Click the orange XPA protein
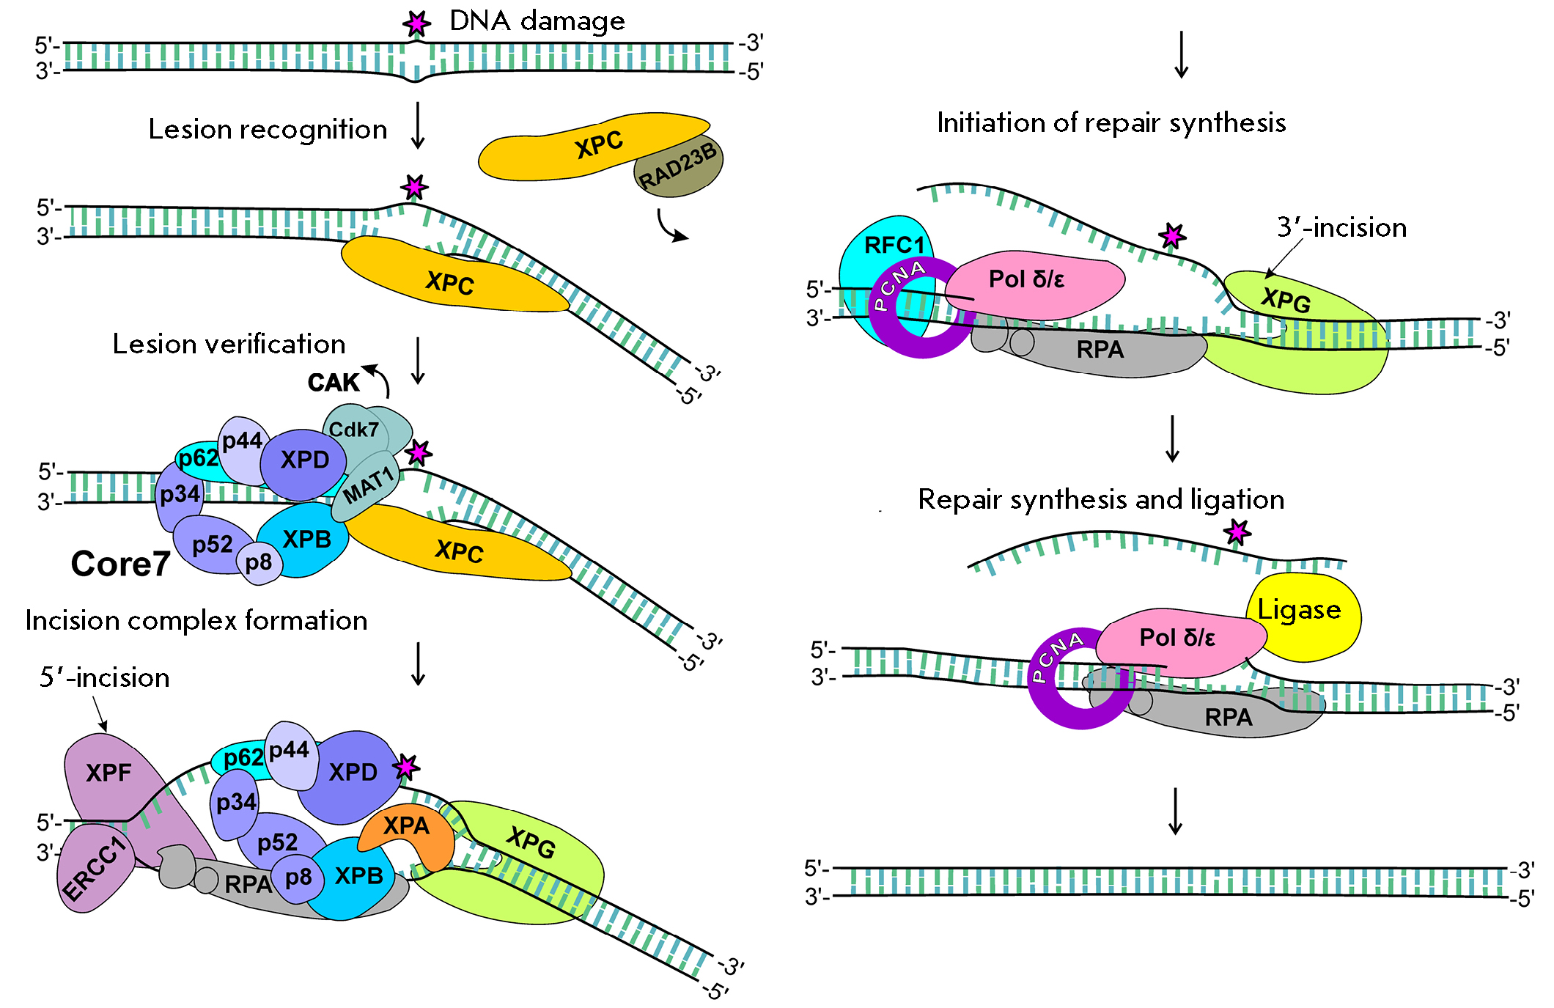coord(408,836)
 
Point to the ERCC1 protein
coord(94,869)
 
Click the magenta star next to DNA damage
coord(417,24)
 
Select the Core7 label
coord(121,564)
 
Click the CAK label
coord(334,383)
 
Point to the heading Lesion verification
coord(229,344)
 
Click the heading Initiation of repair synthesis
coord(1111,123)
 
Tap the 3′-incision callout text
coord(1341,227)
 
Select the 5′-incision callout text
coord(104,677)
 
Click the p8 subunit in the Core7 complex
coord(259,563)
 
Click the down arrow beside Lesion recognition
coord(418,125)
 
